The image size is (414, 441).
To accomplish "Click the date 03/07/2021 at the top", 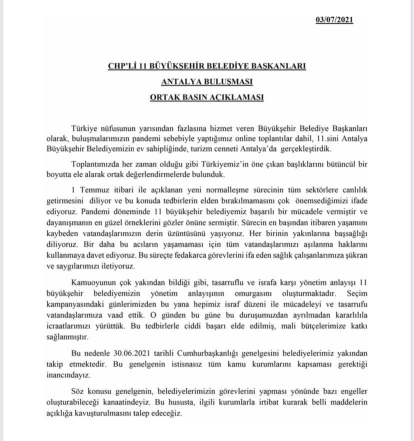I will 334,20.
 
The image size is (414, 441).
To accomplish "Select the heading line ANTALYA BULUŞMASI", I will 206,81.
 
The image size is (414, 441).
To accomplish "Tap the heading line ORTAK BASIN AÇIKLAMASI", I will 206,96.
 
